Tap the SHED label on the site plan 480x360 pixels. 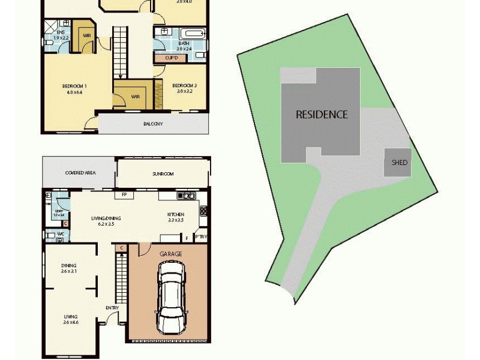(x=399, y=163)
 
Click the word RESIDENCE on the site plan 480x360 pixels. (x=322, y=114)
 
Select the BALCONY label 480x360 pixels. (x=153, y=124)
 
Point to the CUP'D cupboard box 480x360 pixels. (x=172, y=58)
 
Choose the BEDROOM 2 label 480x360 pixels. (x=185, y=86)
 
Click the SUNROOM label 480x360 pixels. (x=162, y=174)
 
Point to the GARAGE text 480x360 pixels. (x=170, y=254)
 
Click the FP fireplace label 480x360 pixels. (x=124, y=195)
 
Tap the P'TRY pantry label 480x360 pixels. (x=200, y=238)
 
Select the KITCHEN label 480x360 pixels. (x=175, y=215)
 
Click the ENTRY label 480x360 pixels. (x=112, y=308)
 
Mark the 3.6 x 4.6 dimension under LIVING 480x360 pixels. (x=71, y=323)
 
